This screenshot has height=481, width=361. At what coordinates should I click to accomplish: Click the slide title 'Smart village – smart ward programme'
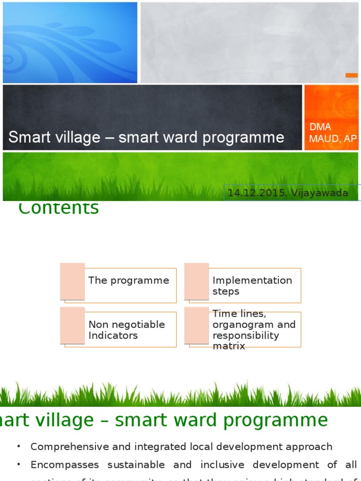tap(146, 137)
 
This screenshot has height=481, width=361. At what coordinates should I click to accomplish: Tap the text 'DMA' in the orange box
tap(320, 127)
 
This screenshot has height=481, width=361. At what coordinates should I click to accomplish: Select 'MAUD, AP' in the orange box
tap(332, 139)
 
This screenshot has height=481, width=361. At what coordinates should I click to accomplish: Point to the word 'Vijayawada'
tap(320, 193)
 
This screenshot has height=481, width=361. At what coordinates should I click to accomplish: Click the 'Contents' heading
tap(59, 208)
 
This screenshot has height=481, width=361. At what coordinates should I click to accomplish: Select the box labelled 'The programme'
tap(128, 280)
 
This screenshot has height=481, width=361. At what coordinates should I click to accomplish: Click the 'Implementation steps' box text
tap(252, 286)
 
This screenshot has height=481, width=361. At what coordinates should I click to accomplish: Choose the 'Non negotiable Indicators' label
tap(126, 330)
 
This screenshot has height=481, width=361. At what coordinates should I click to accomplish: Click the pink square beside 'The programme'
tap(72, 281)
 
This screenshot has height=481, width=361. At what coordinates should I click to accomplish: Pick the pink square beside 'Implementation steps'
tap(196, 281)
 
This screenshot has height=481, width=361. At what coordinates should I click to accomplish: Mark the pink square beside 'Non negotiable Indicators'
tap(72, 326)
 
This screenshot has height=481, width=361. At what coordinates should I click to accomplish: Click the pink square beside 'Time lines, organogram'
tap(196, 326)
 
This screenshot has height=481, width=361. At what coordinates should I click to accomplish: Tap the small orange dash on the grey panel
tap(352, 75)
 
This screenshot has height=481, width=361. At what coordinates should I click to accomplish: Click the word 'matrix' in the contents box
tap(229, 346)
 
